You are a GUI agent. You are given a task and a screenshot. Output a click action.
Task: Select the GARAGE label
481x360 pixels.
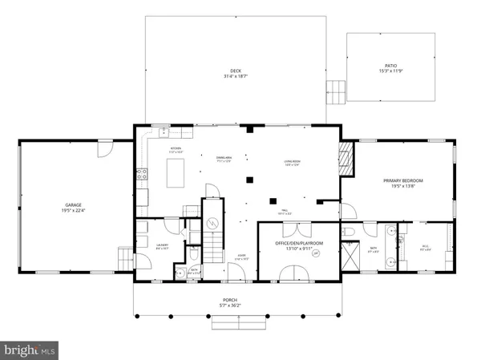(x=75, y=204)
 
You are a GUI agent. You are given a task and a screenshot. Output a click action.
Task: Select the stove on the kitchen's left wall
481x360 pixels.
(x=141, y=174)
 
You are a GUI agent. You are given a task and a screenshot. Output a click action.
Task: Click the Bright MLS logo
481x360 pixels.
(x=30, y=349)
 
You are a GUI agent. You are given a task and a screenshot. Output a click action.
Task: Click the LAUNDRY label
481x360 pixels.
(x=161, y=247)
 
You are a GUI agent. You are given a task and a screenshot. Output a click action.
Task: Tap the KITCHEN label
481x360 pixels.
(x=176, y=149)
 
